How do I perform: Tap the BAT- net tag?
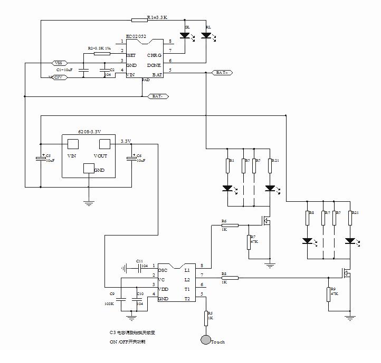coord(157,96)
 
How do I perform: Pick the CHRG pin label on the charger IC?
coord(154,55)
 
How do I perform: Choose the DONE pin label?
coord(154,65)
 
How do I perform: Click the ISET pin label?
coord(131,55)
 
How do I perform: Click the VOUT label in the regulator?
coord(100,156)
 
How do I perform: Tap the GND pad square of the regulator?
coord(88,169)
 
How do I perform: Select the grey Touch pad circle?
coord(205,340)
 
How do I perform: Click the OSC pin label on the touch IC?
coord(163,270)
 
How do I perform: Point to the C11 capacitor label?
coord(139,261)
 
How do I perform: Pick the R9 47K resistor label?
coord(333,291)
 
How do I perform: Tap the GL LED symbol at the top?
coord(185,36)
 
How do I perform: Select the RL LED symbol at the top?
coord(206,36)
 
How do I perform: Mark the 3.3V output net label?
coord(126,141)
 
